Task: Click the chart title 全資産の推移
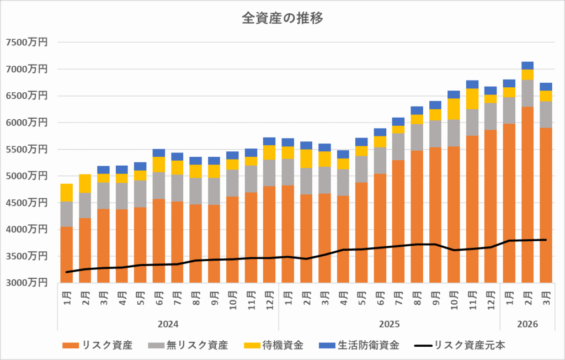coord(282,18)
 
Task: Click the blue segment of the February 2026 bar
coord(527,65)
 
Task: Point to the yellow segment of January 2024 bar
coord(67,193)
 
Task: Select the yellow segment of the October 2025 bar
coord(454,109)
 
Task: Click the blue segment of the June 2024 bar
coord(159,153)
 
